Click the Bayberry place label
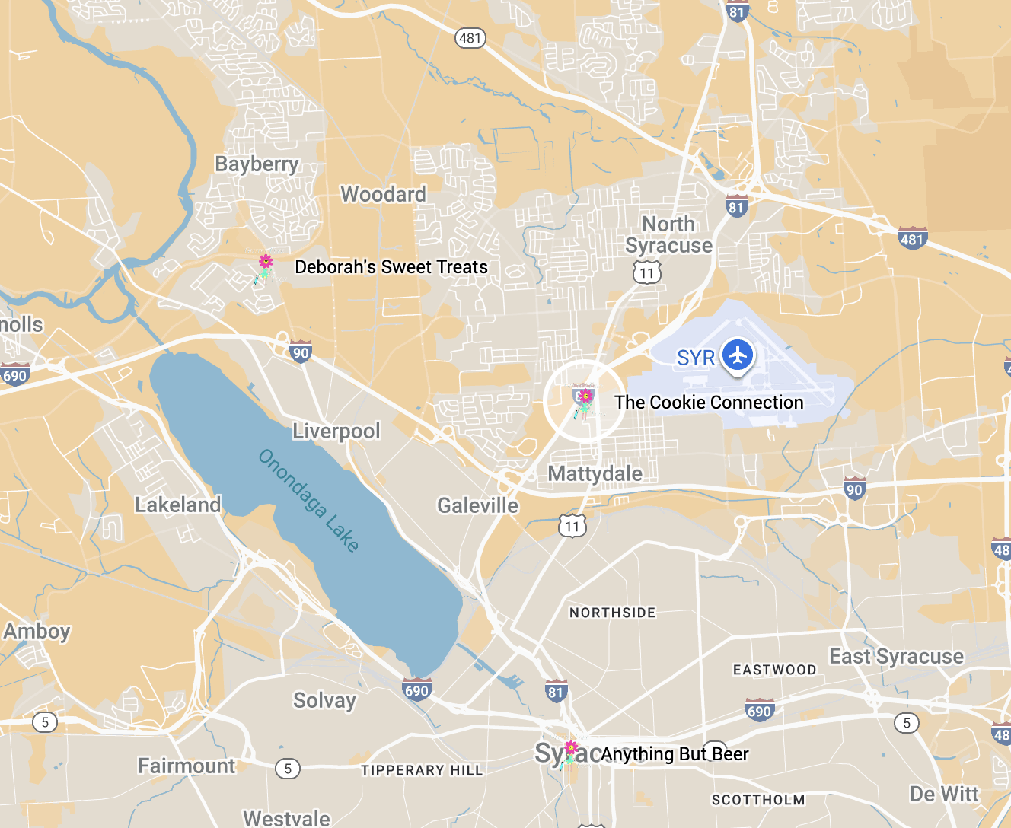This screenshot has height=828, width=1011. click(257, 164)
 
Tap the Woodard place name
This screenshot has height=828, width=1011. click(383, 195)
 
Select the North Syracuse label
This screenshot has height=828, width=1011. click(668, 234)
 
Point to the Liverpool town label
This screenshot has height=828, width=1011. click(336, 432)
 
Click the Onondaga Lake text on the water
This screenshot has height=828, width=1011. click(308, 499)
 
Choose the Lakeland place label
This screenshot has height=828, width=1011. click(177, 505)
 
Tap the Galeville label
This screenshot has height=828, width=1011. click(477, 506)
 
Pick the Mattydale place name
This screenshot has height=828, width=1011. click(595, 474)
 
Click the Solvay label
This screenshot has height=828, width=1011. click(324, 700)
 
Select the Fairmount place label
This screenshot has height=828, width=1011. click(187, 766)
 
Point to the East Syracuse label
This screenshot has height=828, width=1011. click(896, 657)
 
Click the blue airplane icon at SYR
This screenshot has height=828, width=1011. click(737, 355)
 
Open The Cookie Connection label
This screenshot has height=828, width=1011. click(709, 403)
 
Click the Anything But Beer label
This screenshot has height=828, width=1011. click(675, 754)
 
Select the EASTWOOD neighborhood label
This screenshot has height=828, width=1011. click(774, 670)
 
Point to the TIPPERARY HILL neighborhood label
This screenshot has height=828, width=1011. click(422, 770)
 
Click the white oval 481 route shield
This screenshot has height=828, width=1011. click(470, 37)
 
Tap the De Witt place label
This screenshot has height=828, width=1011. click(944, 795)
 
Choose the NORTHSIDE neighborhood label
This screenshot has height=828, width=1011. click(612, 613)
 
